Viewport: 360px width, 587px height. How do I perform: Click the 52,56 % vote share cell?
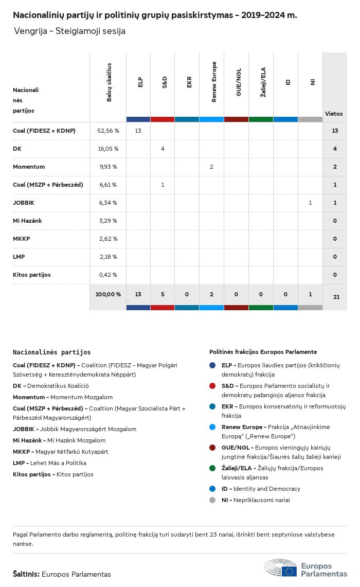[x=108, y=131]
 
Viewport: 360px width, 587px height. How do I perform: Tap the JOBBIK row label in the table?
[x=24, y=203]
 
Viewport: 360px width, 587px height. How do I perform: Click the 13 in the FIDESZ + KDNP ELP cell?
[x=138, y=131]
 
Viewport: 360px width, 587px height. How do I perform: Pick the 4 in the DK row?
[x=163, y=149]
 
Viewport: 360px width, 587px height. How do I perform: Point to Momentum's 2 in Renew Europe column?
[x=211, y=167]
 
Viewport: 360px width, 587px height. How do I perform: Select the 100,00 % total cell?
[x=108, y=294]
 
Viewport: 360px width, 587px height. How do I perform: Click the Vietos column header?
[x=334, y=114]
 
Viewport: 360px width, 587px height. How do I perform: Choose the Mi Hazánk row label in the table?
[x=27, y=221]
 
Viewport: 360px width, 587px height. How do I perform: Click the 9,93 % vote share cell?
[x=108, y=167]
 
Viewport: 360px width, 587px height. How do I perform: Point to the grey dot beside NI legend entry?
[x=212, y=500]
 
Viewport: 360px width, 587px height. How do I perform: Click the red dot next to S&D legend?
[x=212, y=386]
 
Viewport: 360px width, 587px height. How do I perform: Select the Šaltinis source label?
[x=26, y=574]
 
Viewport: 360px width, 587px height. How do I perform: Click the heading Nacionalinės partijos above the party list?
[x=51, y=352]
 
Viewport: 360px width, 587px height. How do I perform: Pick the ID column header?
[x=288, y=82]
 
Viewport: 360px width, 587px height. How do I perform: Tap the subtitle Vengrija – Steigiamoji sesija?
[x=69, y=31]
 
